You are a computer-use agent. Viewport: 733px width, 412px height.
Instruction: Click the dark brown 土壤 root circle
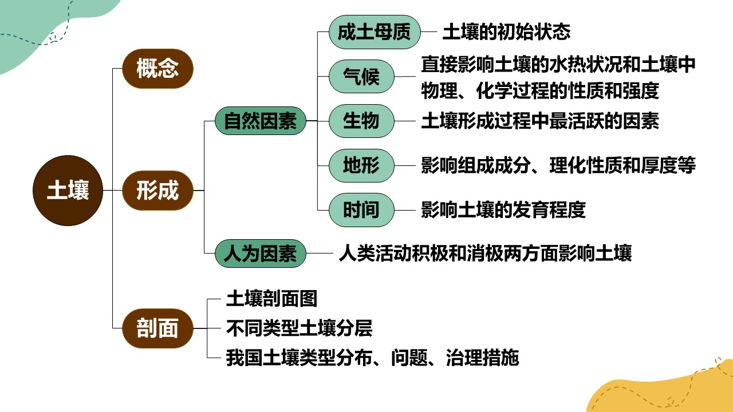coord(68,191)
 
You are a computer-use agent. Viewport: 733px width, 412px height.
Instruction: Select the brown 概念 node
coord(157,69)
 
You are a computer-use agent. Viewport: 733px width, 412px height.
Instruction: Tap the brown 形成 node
coord(157,191)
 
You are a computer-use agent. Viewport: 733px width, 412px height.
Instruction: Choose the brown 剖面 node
coord(157,328)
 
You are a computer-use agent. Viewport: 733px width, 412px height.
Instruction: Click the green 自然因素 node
coord(261,121)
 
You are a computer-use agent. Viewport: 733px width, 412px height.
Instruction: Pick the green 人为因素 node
coord(261,253)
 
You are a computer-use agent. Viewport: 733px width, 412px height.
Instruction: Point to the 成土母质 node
coord(375,32)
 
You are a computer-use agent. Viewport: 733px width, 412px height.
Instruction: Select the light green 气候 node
coord(361,77)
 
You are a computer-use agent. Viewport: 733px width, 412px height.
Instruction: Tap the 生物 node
coord(361,121)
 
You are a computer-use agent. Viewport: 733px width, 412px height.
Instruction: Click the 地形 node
coord(361,165)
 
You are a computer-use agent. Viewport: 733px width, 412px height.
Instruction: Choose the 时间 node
coord(361,210)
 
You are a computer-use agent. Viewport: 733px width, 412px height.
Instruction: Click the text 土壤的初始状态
coord(506,32)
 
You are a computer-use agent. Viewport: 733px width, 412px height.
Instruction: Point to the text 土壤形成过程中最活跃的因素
coord(540,121)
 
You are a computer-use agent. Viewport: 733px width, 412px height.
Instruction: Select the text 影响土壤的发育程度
coord(503,210)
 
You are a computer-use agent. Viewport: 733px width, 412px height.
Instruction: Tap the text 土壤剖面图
coord(271,299)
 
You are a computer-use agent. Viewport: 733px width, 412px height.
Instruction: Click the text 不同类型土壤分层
coord(299,328)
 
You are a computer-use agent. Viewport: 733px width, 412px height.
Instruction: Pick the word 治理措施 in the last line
coord(482,358)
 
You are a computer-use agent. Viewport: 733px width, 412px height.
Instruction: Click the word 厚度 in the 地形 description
coord(659,165)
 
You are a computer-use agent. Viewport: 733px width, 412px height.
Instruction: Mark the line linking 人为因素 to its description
coord(320,253)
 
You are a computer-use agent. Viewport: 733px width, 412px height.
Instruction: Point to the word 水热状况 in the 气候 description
coord(586,64)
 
